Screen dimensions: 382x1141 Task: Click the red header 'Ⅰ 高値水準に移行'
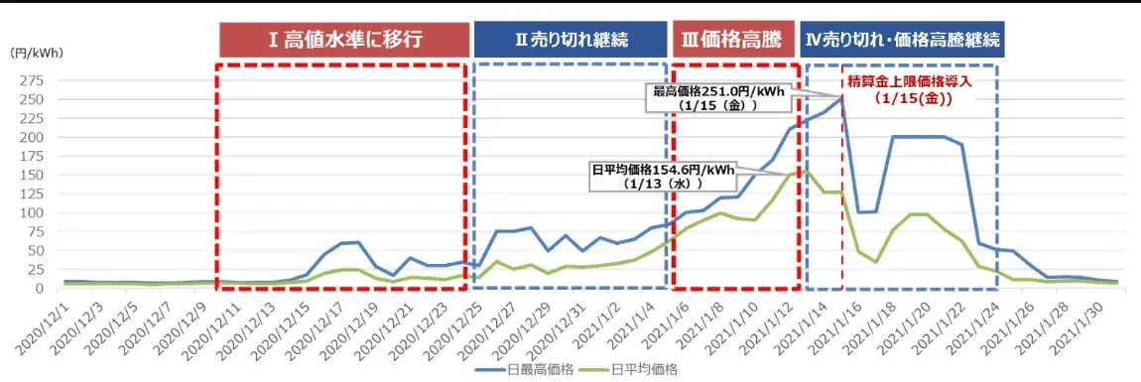[344, 40]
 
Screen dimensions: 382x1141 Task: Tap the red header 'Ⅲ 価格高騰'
[735, 40]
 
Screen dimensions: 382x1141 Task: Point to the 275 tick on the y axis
[34, 80]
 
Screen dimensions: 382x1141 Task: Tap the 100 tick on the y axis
[34, 212]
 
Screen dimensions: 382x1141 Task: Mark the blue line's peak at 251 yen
[842, 97]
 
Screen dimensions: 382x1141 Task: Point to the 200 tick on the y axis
[34, 137]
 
